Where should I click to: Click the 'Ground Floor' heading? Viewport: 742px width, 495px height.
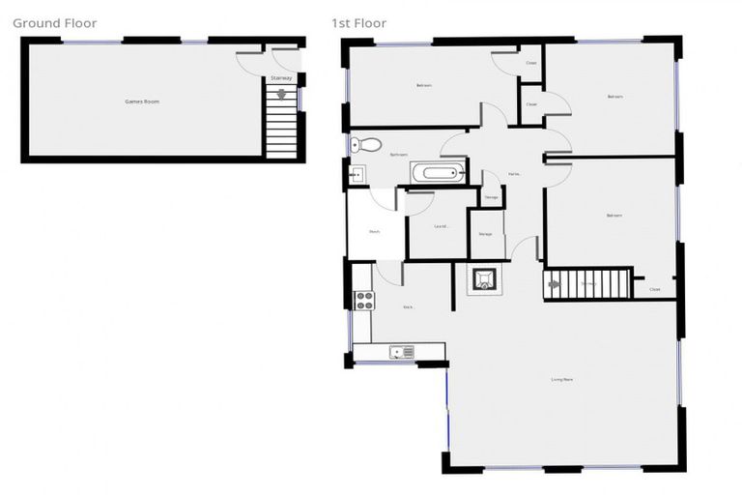pos(55,22)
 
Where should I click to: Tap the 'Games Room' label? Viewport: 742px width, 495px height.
pos(141,101)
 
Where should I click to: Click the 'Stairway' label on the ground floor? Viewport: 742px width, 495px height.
pos(281,77)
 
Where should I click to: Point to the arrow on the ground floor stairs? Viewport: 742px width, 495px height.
pos(281,95)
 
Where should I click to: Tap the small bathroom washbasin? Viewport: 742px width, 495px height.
pos(356,175)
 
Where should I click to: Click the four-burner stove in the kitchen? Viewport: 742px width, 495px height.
pos(363,301)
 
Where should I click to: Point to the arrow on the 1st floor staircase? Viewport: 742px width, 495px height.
pos(554,284)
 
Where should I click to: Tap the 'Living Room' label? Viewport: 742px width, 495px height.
pos(563,379)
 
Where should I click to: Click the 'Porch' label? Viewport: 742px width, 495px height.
pos(373,232)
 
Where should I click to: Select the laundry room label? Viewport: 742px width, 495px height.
pos(441,227)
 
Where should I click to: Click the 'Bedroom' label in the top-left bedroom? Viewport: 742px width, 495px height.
pos(423,85)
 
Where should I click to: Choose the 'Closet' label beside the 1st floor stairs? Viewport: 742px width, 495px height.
pos(654,289)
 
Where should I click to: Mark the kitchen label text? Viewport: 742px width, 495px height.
pos(408,306)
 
